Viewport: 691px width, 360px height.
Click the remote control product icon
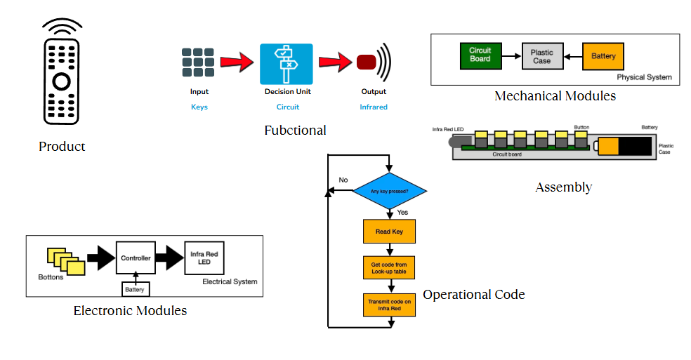coord(61,77)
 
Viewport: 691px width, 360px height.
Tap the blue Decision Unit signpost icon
coord(287,64)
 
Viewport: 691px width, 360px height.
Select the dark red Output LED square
coord(366,62)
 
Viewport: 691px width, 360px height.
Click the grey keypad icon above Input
coord(198,62)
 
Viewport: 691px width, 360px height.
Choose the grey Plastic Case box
coord(541,56)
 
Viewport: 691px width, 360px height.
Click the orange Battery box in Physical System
coord(603,56)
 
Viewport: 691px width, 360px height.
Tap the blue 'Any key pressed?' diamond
coord(389,190)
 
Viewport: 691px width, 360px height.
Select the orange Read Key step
coord(389,231)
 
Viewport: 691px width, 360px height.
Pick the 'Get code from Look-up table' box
coord(389,267)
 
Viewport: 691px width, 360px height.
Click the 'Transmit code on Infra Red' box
coord(389,305)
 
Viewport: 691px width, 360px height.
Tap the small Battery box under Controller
coord(134,289)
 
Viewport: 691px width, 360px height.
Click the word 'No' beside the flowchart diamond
coord(343,180)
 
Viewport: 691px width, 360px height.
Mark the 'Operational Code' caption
coord(473,295)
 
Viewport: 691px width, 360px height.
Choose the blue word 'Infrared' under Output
coord(374,107)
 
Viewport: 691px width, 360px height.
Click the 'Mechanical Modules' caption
coord(555,96)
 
